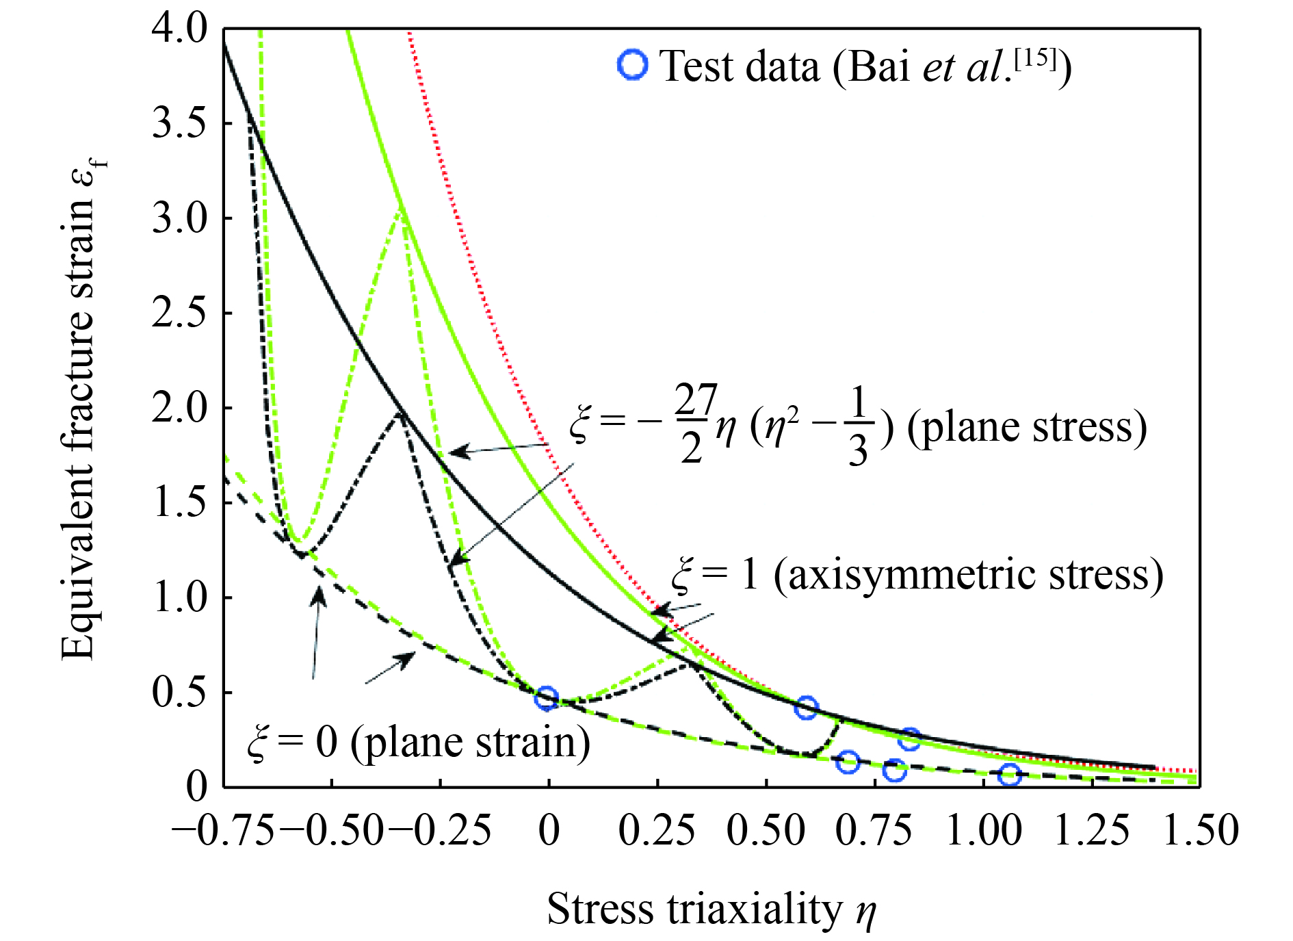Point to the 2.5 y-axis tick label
[x=179, y=313]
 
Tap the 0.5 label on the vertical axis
[x=179, y=692]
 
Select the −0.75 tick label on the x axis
[x=223, y=831]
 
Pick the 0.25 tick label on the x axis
[x=657, y=831]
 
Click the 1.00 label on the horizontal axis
[x=984, y=831]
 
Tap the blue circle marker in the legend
[x=632, y=65]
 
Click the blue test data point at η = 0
[x=546, y=698]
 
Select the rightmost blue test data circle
[x=1009, y=775]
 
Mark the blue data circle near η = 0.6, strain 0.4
[x=807, y=708]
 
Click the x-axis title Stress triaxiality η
[x=711, y=910]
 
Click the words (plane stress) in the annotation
[x=1026, y=428]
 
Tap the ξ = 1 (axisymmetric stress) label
[x=917, y=575]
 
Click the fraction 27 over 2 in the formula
[x=694, y=424]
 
